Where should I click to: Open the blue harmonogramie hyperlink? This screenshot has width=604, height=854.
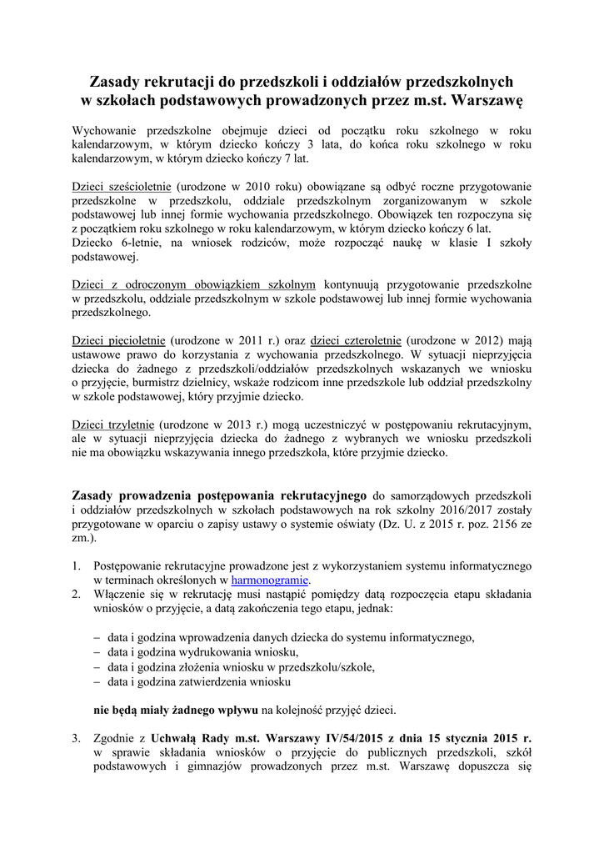pos(270,580)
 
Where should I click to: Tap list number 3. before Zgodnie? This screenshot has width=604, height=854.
pos(77,738)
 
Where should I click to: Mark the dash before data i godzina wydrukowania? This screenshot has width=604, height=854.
pos(96,651)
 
